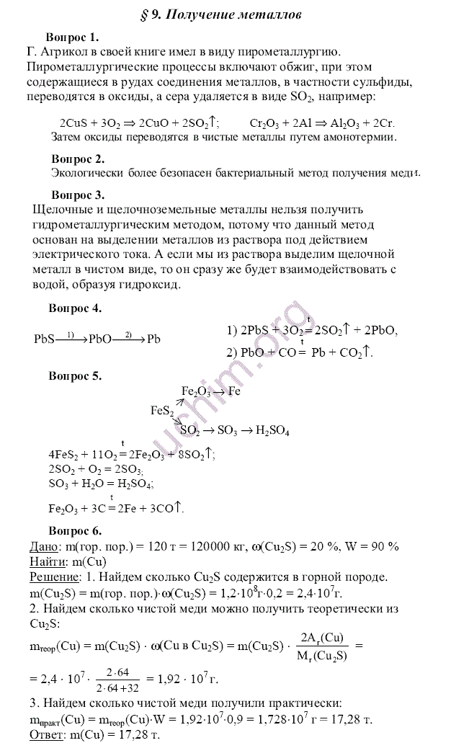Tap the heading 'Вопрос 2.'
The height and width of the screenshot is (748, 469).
79,159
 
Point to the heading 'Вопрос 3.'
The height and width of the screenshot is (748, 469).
79,195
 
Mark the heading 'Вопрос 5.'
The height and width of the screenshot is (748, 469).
75,375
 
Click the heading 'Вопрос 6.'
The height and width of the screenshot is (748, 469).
75,531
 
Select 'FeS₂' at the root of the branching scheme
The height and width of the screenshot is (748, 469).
162,411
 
